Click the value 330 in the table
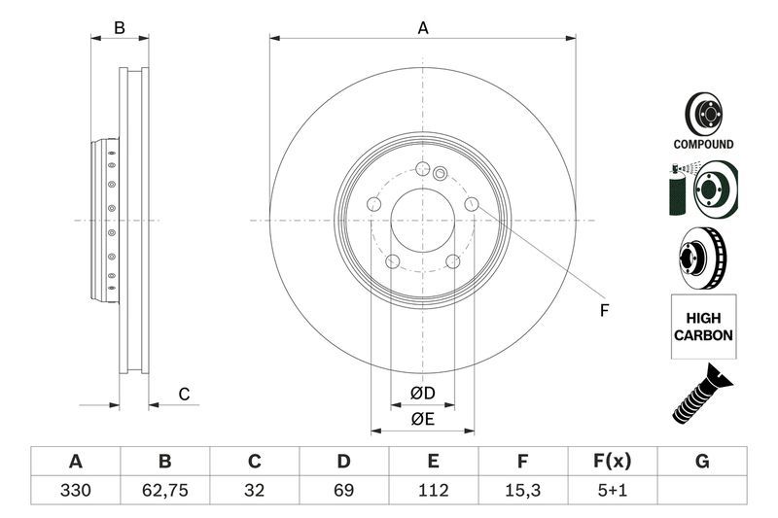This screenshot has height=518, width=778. pyautogui.click(x=75, y=491)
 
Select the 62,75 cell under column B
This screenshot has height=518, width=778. pyautogui.click(x=164, y=491)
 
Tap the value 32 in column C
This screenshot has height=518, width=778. pyautogui.click(x=255, y=491)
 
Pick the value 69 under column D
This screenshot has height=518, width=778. pyautogui.click(x=343, y=491)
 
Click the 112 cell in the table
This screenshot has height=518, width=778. pyautogui.click(x=433, y=491)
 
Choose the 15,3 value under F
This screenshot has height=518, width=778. pyautogui.click(x=522, y=491)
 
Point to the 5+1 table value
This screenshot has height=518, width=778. pyautogui.click(x=612, y=491)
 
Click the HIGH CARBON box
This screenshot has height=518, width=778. pyautogui.click(x=703, y=326)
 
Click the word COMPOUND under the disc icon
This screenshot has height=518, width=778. pyautogui.click(x=703, y=144)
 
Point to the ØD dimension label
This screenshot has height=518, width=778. pyautogui.click(x=421, y=393)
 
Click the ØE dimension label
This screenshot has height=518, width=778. pyautogui.click(x=421, y=419)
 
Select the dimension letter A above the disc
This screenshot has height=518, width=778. pyautogui.click(x=423, y=28)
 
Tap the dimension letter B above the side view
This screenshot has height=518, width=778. pyautogui.click(x=120, y=28)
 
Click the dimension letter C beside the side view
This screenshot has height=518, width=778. pyautogui.click(x=183, y=394)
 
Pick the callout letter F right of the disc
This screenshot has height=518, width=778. pyautogui.click(x=603, y=310)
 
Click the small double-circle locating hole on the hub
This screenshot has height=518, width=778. pyautogui.click(x=439, y=175)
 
